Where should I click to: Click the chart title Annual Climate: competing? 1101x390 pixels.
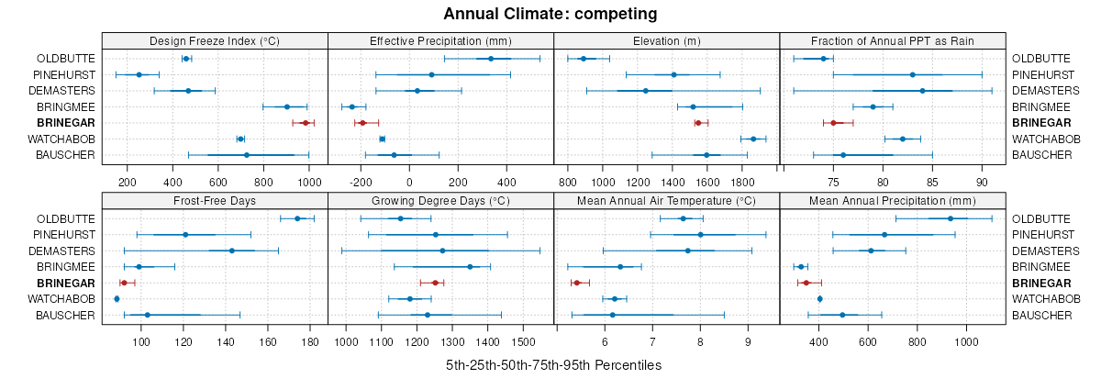pos(550,14)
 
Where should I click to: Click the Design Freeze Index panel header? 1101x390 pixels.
pos(215,40)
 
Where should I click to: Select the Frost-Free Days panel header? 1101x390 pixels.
pos(215,201)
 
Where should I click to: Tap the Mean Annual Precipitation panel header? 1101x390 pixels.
pos(893,201)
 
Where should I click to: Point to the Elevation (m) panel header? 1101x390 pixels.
pos(667,40)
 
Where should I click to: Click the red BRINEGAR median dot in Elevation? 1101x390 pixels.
pos(698,122)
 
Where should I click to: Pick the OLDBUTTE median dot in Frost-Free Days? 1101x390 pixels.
pos(297,218)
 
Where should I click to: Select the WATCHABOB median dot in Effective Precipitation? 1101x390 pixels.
pos(383,139)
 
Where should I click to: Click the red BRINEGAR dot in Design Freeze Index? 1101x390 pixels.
pos(306,122)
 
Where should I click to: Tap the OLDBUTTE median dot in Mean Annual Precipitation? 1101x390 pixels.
pos(951,218)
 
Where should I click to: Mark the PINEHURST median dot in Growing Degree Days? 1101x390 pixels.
pos(436,235)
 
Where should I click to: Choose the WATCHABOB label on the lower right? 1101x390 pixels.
pos(1040,299)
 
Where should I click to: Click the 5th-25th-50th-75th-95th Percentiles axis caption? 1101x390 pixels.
pos(553,365)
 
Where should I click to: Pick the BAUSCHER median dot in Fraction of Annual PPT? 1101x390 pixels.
pos(843,155)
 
